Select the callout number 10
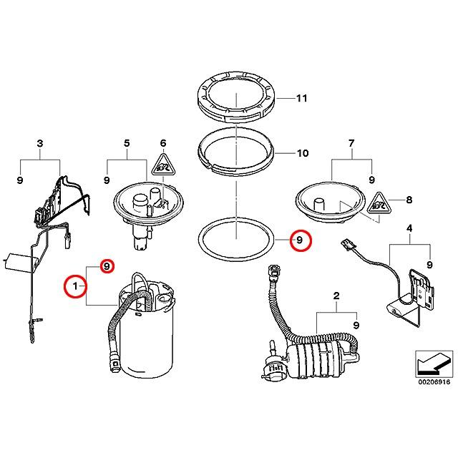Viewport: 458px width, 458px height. point(301,153)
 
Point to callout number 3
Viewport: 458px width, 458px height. point(39,144)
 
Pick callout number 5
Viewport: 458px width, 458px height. point(127,144)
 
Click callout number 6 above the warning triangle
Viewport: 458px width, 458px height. point(162,144)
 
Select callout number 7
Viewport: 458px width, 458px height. point(351,144)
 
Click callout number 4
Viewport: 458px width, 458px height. point(409,229)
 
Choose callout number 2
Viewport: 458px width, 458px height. point(336,296)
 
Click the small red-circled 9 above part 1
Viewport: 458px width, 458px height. point(106,266)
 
